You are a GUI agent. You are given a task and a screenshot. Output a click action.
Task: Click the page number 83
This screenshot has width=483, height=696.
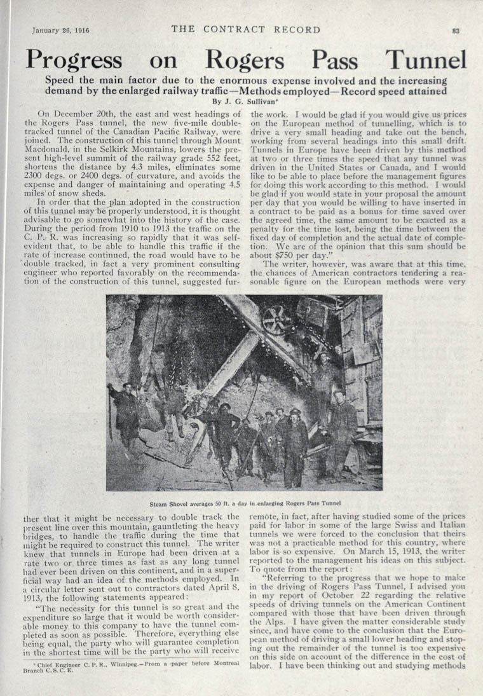(456, 30)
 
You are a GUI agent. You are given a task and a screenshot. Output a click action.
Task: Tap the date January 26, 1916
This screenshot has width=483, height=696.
(60, 30)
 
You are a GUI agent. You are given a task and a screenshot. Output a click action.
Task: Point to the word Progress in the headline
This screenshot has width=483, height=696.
(74, 60)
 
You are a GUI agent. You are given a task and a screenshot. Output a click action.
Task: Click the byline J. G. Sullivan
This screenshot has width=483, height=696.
(241, 100)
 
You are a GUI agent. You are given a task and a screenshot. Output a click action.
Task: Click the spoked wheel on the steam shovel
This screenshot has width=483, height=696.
(275, 320)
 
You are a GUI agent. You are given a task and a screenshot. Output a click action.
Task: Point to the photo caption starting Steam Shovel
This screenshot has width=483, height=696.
(244, 502)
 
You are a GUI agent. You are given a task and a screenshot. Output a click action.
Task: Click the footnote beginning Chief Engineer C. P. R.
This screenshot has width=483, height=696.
(132, 685)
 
